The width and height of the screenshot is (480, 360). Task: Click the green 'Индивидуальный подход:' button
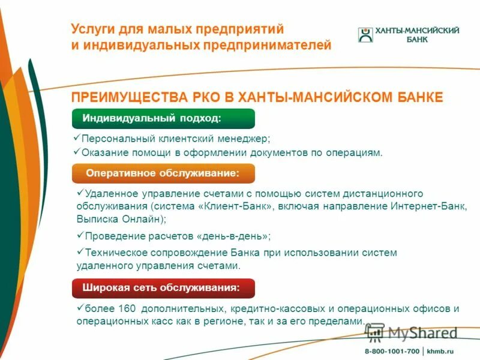(163, 118)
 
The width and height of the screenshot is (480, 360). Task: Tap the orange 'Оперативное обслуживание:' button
(163, 173)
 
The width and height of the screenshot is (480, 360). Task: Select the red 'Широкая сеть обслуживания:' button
(163, 288)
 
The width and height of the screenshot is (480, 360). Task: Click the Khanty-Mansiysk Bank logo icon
(365, 35)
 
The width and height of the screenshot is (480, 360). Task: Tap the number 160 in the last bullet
(128, 309)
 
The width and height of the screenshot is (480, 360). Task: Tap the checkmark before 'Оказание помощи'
(76, 152)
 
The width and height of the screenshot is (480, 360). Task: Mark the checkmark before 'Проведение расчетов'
(80, 236)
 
